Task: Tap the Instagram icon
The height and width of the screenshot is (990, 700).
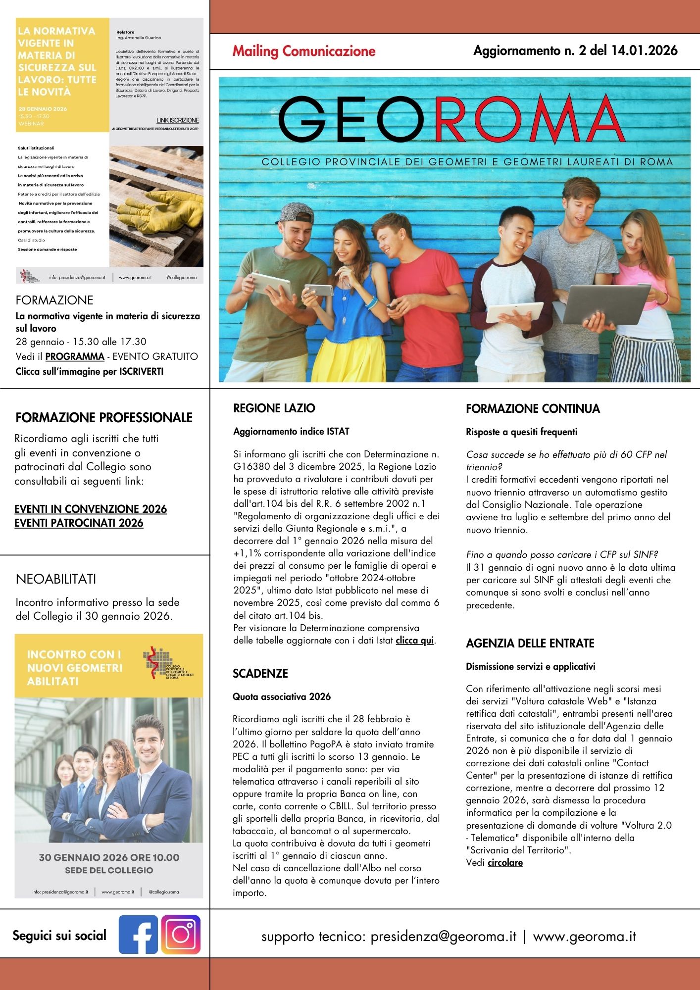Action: tap(181, 934)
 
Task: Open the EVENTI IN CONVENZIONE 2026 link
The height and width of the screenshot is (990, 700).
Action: tap(91, 509)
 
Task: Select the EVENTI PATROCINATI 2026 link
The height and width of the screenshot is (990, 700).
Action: tap(79, 523)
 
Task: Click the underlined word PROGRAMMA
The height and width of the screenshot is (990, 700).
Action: tap(75, 356)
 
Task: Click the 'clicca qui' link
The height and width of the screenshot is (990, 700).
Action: tap(414, 641)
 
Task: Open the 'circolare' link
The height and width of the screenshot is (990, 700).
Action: tap(505, 863)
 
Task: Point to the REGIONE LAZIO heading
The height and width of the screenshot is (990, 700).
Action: tap(274, 408)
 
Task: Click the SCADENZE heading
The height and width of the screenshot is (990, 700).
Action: tap(260, 673)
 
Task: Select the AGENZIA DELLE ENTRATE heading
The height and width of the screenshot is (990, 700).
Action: tap(530, 643)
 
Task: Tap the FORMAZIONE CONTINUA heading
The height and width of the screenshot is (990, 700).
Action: tap(533, 408)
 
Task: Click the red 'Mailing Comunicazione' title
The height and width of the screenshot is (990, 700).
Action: tap(304, 51)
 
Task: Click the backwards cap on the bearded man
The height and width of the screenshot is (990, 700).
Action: tap(295, 213)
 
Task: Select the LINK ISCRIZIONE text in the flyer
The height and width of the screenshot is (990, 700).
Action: tap(178, 120)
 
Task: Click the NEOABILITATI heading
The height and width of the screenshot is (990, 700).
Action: tap(56, 579)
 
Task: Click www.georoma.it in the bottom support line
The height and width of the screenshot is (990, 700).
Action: tap(584, 937)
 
